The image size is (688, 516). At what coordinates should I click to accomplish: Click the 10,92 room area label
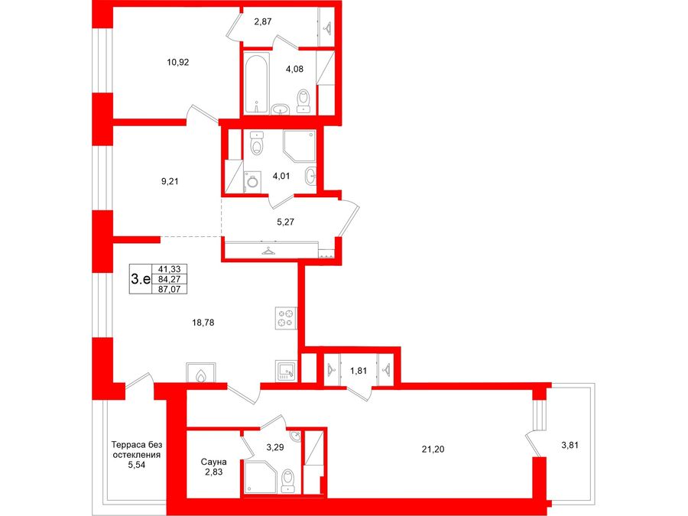tap(177, 63)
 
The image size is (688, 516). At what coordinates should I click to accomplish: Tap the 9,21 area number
tap(170, 181)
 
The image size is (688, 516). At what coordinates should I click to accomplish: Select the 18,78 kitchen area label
tap(203, 323)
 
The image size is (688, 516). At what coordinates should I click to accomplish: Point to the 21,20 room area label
tap(433, 449)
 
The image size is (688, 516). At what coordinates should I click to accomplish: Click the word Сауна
tap(214, 462)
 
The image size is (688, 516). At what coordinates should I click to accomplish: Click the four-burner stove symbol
tap(286, 318)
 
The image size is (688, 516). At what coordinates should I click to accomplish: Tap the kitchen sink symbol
tap(287, 372)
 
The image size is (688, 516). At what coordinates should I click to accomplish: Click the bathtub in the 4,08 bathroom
tap(256, 83)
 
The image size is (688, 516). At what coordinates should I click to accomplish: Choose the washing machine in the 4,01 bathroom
tap(252, 182)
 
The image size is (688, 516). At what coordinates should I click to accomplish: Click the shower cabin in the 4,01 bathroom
tap(300, 146)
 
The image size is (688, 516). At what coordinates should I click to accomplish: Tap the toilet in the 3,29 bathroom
tap(288, 481)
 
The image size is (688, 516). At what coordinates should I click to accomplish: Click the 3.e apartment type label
tap(141, 278)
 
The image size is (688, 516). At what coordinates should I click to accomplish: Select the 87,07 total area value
tap(169, 289)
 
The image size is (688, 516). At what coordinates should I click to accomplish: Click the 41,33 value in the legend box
tap(169, 269)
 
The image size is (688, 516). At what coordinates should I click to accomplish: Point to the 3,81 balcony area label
tap(570, 445)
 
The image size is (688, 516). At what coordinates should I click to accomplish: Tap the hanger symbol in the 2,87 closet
tap(328, 28)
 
